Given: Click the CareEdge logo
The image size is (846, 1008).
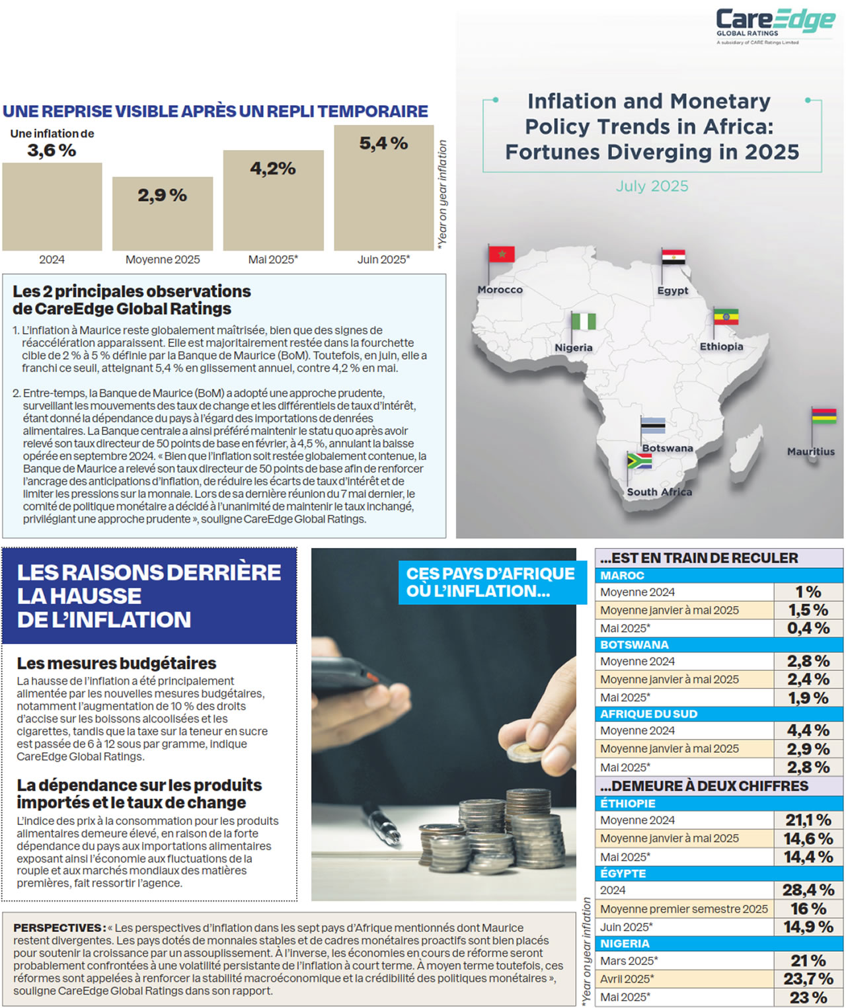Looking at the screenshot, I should click(775, 24).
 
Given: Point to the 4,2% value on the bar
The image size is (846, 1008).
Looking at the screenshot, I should click(273, 169).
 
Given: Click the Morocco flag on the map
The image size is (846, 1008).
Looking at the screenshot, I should click(501, 254).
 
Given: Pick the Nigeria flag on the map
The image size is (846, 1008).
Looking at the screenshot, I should click(583, 321).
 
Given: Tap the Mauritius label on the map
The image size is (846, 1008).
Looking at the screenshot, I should click(810, 451).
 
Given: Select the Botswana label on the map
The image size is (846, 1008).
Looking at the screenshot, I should click(668, 448).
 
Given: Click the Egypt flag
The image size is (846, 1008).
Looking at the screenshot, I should click(673, 257).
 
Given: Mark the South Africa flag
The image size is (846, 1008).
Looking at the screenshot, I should click(639, 461).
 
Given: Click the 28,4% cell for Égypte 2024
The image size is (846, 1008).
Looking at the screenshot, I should click(808, 890).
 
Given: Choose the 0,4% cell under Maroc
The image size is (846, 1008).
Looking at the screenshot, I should click(808, 629).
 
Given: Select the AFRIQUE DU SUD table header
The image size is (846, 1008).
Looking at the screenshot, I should click(648, 714).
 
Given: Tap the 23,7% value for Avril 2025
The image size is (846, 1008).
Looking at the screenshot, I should click(808, 979).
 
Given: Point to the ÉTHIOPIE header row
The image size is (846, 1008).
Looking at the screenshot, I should click(628, 804).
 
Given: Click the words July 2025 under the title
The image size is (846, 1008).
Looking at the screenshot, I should click(652, 186).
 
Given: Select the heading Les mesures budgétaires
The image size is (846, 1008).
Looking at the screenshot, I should click(116, 663).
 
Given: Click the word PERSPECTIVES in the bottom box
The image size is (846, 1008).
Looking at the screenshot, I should click(58, 928).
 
